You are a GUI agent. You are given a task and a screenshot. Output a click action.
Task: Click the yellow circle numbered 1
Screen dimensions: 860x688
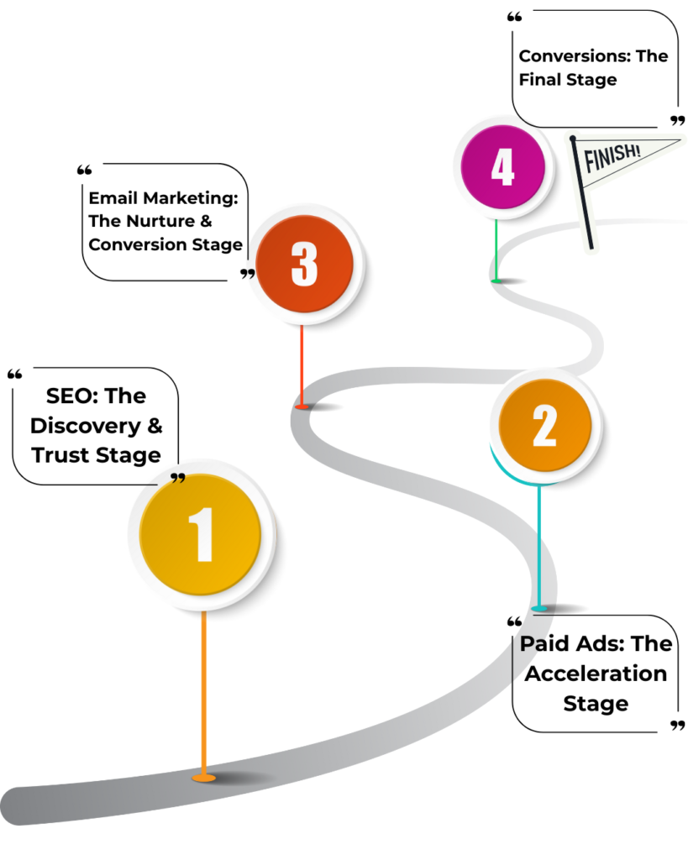(x=201, y=534)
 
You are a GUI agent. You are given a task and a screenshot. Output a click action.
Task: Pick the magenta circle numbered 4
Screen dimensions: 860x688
(x=502, y=168)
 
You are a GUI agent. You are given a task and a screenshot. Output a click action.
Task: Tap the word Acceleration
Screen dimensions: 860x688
(x=596, y=674)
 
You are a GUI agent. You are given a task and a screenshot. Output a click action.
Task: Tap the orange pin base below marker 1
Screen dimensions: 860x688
(x=203, y=778)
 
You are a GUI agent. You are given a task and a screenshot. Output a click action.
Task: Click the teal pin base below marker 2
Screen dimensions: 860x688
(x=539, y=607)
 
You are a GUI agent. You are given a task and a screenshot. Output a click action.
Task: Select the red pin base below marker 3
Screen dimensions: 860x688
(x=302, y=406)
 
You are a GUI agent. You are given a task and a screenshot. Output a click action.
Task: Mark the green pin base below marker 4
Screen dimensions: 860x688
(x=496, y=280)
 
